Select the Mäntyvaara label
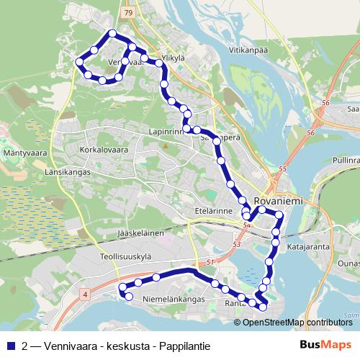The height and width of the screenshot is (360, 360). [25, 153]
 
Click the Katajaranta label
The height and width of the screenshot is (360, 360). [307, 246]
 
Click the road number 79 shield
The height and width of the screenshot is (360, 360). [128, 13]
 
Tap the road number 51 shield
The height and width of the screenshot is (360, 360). [211, 262]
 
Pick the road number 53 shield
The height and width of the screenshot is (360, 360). [237, 244]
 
